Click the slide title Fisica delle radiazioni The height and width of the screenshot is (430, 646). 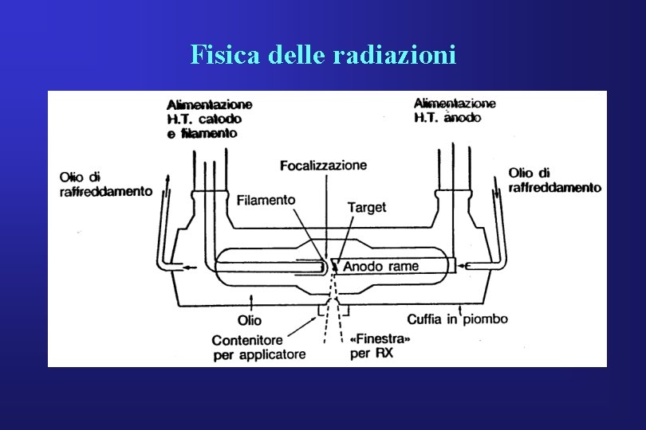pos(323,55)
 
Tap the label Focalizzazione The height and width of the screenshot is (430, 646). pos(323,166)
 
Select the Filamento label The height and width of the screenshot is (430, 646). pos(266,200)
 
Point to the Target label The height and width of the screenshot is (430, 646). pos(366,207)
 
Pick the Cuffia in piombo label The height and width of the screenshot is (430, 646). pos(457,319)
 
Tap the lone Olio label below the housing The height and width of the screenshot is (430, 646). pos(249,321)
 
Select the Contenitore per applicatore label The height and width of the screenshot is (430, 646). pos(258,347)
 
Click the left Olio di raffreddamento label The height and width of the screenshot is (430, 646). pos(105,183)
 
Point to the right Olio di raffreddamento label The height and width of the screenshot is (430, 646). pos(554,180)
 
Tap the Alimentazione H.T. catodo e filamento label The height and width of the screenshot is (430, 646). pos(209,119)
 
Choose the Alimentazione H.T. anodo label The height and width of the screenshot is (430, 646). pos(455,110)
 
